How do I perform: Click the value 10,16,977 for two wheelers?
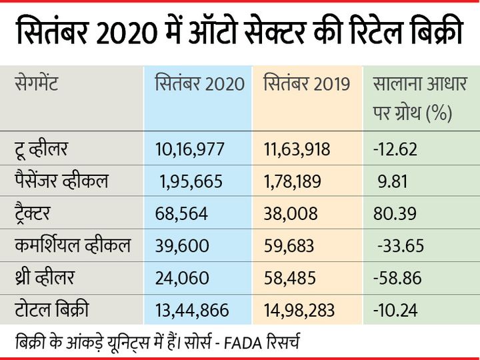(x=189, y=149)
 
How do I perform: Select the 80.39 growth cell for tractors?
(x=395, y=214)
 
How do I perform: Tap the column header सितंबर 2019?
(x=307, y=85)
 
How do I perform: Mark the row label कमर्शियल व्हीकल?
(x=73, y=246)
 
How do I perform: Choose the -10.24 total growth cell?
(x=395, y=311)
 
